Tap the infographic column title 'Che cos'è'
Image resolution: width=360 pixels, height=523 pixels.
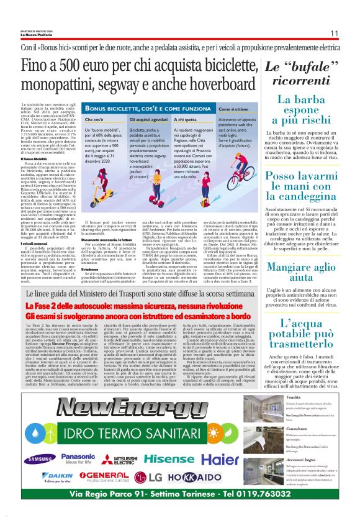[x=94, y=118]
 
